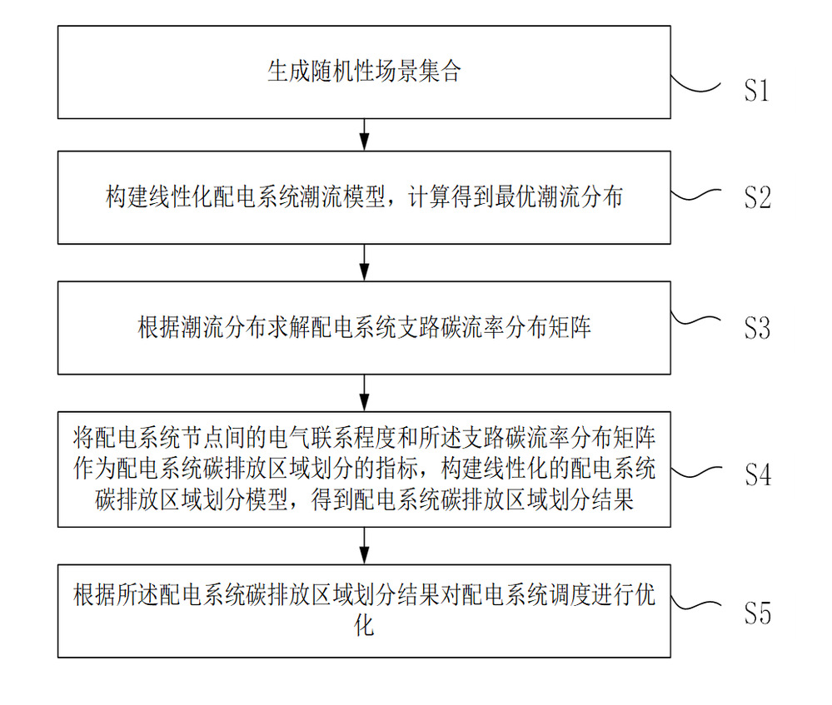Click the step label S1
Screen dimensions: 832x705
point(756,90)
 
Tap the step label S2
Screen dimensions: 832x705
point(757,197)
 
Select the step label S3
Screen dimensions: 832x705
point(757,328)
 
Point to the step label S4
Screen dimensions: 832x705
point(758,474)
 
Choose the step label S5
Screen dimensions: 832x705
point(757,613)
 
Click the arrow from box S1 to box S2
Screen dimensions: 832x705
point(364,135)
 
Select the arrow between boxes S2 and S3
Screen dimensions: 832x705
point(364,262)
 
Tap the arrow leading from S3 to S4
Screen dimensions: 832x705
point(364,393)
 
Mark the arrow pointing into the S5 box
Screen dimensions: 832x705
point(364,546)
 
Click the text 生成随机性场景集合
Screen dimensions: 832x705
point(364,71)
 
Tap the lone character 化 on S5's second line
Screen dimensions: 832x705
point(364,626)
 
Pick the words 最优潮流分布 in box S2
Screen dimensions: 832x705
point(559,196)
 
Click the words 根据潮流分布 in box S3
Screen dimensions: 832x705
point(202,327)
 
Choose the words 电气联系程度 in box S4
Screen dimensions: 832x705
point(332,438)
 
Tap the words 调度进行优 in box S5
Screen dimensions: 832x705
point(602,595)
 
